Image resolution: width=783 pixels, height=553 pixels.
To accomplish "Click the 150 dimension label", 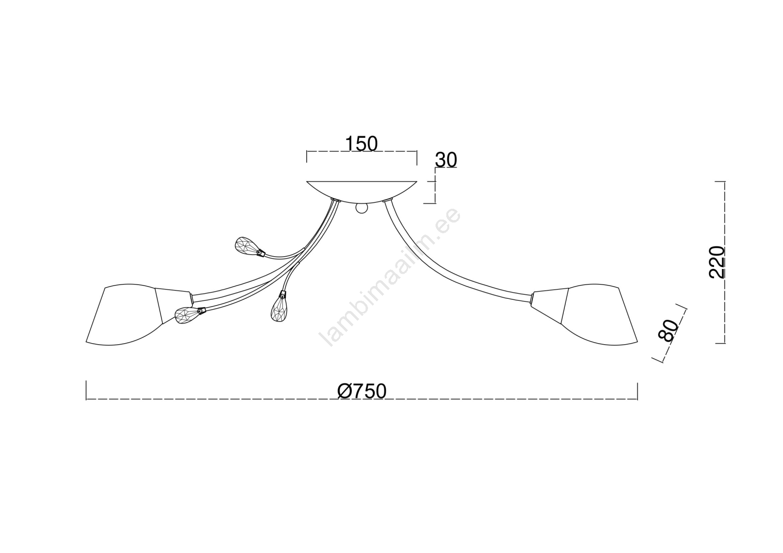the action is [362, 144].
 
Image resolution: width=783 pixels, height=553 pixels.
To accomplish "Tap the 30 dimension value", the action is [446, 160].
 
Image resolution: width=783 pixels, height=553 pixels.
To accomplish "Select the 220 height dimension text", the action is [716, 262].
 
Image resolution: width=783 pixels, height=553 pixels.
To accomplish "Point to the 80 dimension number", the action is [668, 330].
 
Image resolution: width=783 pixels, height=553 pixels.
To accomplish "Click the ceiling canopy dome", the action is [362, 192].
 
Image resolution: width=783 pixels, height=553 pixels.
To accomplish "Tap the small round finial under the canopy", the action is [362, 208].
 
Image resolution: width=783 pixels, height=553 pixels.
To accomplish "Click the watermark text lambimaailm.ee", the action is [390, 278].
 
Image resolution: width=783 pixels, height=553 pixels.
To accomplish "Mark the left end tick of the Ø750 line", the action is [86, 391].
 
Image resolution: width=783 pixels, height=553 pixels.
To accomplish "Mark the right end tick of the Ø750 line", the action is [638, 391].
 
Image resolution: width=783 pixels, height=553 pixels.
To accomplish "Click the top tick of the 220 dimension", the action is [720, 182].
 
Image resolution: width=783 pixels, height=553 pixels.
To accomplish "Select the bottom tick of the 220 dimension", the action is [720, 343].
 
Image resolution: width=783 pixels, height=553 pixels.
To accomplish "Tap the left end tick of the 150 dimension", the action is [306, 157].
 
